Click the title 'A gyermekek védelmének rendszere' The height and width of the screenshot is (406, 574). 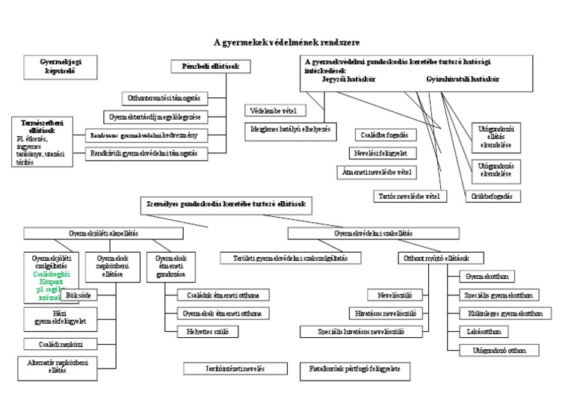click(x=287, y=43)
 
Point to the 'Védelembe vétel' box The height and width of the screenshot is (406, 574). click(x=275, y=110)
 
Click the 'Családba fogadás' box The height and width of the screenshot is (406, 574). click(x=380, y=135)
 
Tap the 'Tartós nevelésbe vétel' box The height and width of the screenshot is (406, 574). click(x=410, y=196)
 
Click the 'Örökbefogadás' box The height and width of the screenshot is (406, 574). click(x=493, y=196)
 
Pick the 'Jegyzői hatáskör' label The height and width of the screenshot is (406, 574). click(x=348, y=79)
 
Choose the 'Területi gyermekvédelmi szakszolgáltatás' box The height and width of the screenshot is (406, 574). click(x=291, y=258)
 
